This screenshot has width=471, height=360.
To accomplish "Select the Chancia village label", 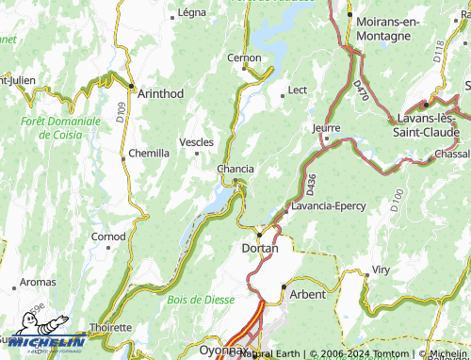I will pyautogui.click(x=235, y=169).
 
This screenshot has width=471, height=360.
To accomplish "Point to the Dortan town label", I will pyautogui.click(x=260, y=247).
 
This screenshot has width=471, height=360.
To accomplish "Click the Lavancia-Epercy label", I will pyautogui.click(x=330, y=205).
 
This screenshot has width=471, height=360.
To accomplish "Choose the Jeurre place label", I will pyautogui.click(x=325, y=127).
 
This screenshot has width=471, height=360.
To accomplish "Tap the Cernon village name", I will pyautogui.click(x=243, y=57).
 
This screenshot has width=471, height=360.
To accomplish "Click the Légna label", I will pyautogui.click(x=192, y=13).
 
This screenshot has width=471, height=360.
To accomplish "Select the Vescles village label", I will pyautogui.click(x=196, y=142).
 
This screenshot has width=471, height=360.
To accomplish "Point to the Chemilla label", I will pyautogui.click(x=149, y=153).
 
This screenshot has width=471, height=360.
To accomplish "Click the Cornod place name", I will pyautogui.click(x=108, y=236).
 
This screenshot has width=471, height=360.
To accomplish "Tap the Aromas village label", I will pyautogui.click(x=38, y=283).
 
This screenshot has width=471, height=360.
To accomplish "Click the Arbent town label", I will pyautogui.click(x=307, y=294).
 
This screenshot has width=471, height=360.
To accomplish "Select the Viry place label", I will pyautogui.click(x=381, y=270).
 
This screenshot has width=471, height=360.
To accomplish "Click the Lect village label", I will pyautogui.click(x=298, y=90).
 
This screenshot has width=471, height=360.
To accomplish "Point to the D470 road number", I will pyautogui.click(x=361, y=90).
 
